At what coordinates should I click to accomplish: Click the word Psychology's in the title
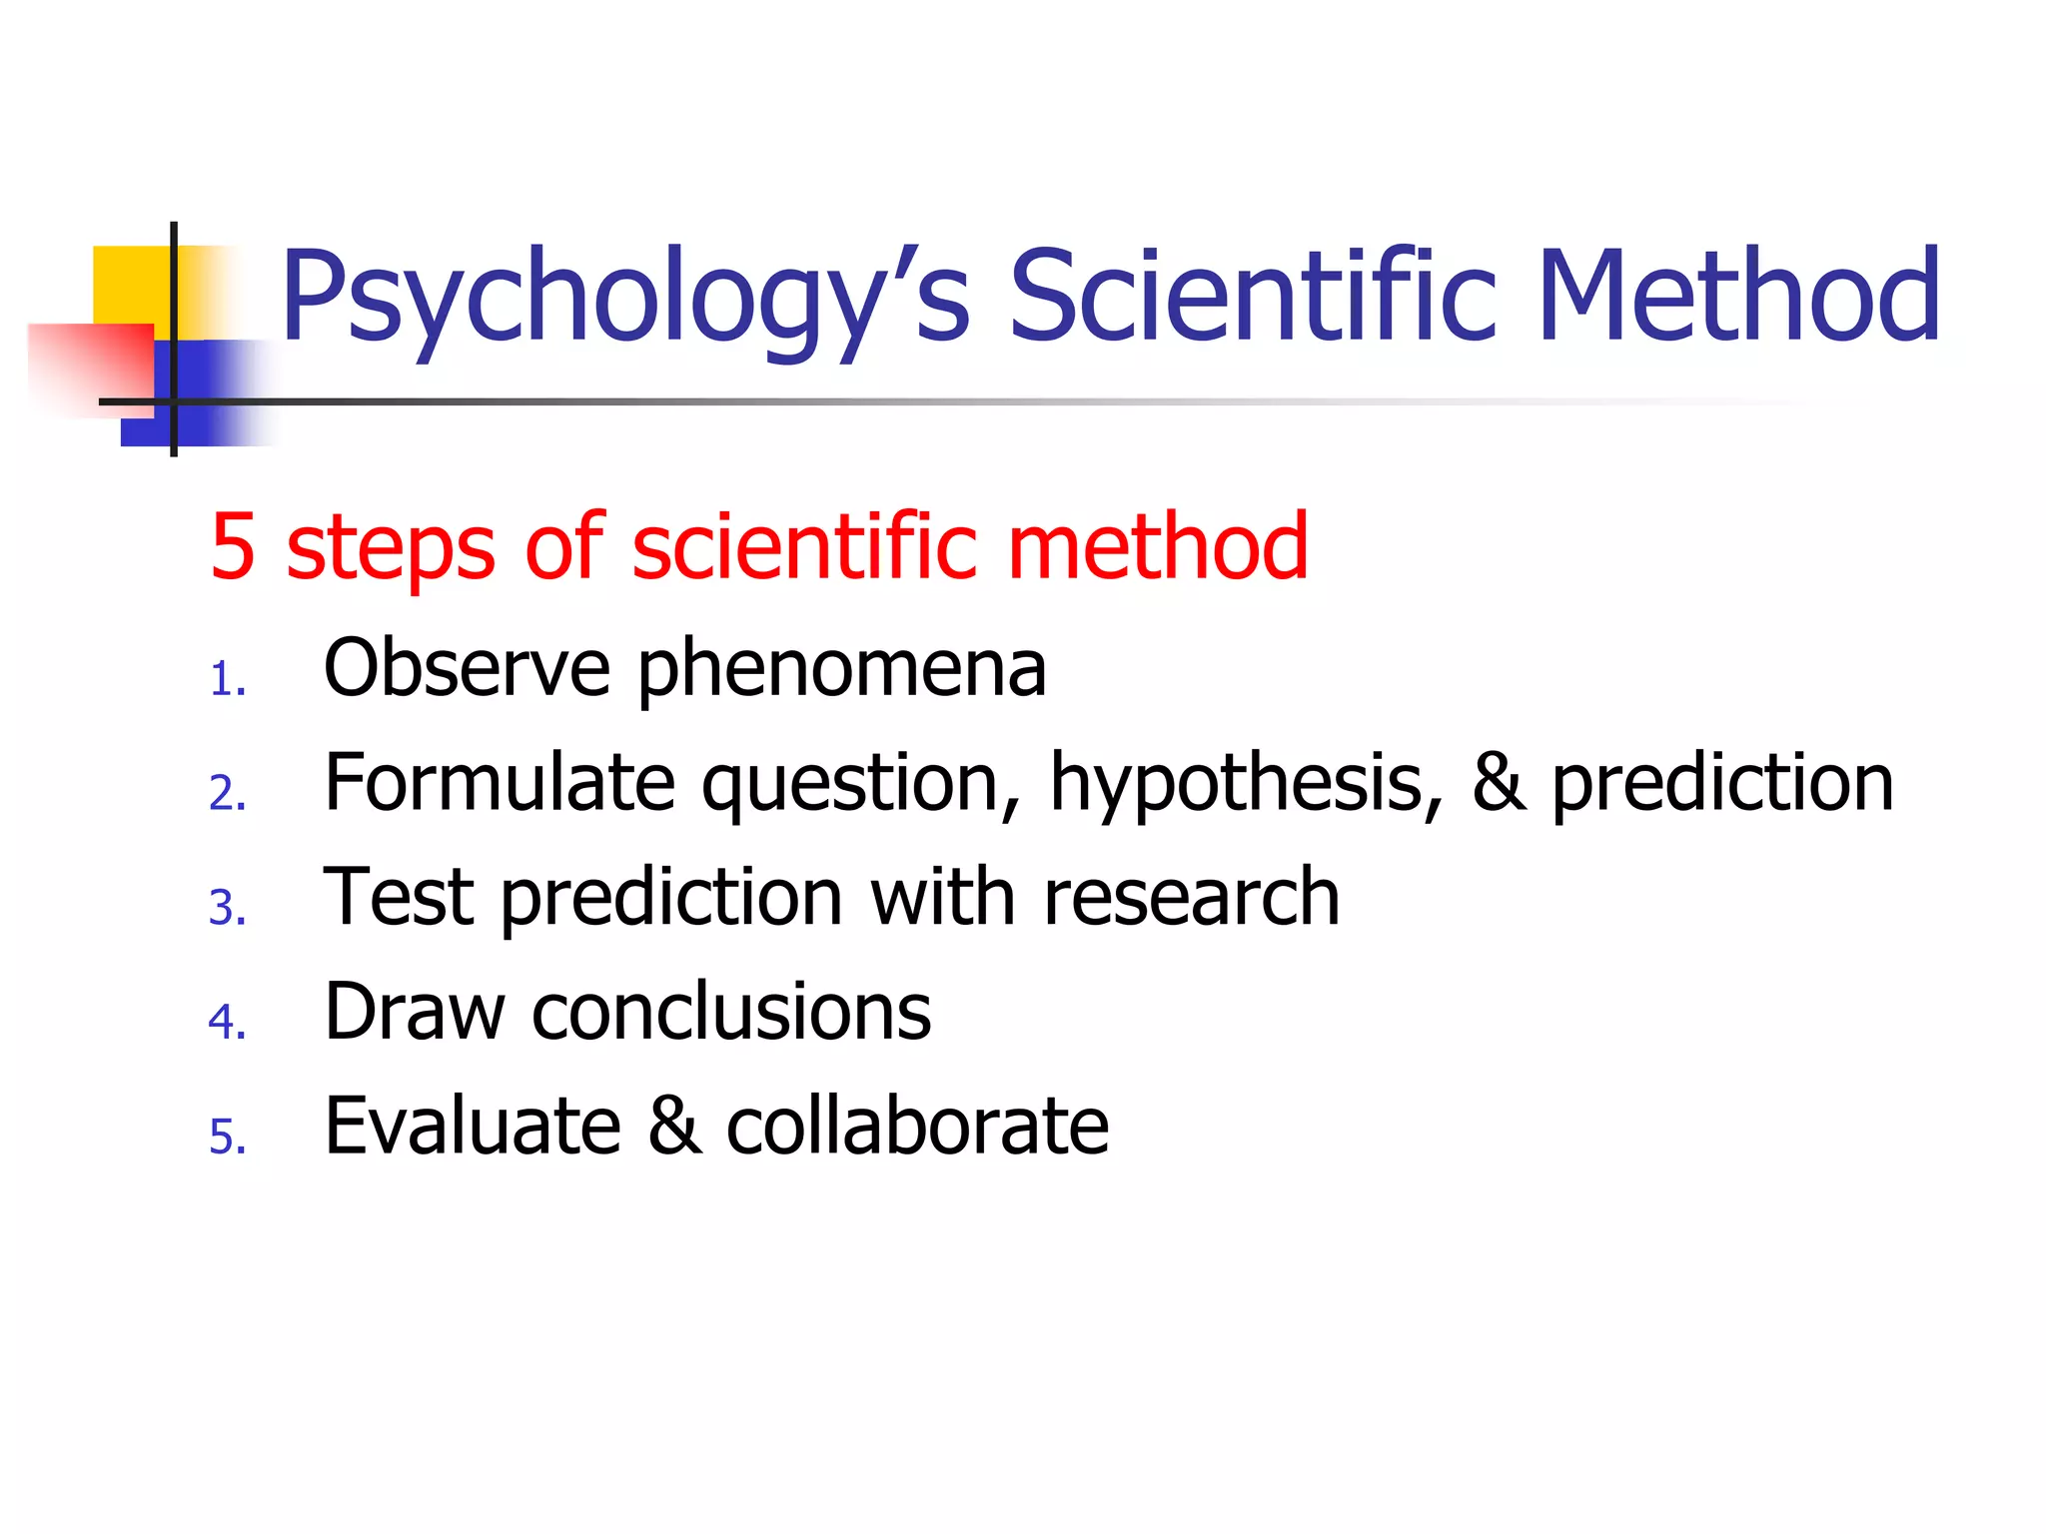point(624,300)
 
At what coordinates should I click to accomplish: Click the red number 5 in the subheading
point(233,546)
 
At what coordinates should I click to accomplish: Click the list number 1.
point(227,681)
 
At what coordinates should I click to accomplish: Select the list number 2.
point(227,795)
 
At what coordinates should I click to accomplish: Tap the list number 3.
point(227,909)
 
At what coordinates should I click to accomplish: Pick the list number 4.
point(227,1023)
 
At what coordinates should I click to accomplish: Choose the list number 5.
point(227,1138)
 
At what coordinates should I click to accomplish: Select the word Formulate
point(500,783)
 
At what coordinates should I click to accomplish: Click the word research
point(1191,897)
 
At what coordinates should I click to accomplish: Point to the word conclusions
point(731,1012)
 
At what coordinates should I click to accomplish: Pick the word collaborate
point(917,1126)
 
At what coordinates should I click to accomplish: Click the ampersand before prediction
point(1499,783)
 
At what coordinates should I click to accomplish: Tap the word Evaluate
point(473,1126)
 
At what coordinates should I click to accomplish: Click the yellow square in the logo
point(130,285)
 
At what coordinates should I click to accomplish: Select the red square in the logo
point(90,368)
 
